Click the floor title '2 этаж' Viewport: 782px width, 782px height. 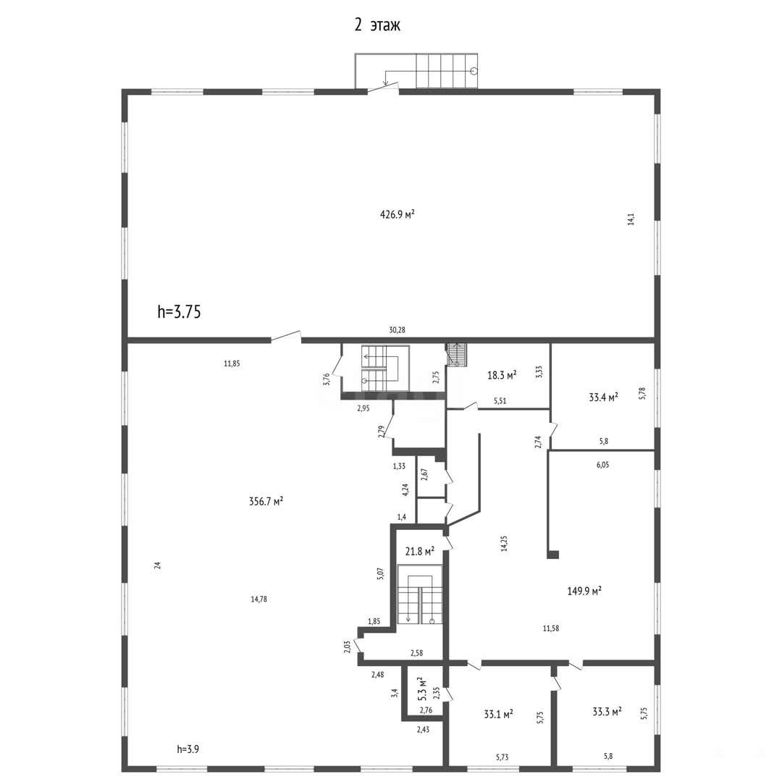coord(377,25)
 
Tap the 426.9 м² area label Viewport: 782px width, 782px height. coord(398,214)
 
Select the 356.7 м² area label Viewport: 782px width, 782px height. coord(266,501)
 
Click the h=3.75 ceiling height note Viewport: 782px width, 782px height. coord(179,311)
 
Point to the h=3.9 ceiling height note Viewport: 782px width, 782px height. coord(188,749)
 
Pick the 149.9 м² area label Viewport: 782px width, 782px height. coord(584,591)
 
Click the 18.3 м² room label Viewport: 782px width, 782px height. coord(502,375)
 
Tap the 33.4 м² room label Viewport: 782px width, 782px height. coord(603,397)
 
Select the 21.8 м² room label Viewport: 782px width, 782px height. coord(419,551)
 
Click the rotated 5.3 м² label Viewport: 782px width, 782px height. coord(422,689)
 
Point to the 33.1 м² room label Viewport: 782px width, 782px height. coord(499,714)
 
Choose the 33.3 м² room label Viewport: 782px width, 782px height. coord(607,712)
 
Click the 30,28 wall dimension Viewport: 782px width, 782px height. coord(397,329)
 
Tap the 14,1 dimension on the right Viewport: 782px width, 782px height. coord(631,219)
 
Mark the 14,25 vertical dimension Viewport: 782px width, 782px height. coord(504,543)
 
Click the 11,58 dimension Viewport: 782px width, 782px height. coord(551,628)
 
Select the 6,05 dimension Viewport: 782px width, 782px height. coord(602,465)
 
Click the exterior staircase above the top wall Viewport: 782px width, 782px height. coord(416,71)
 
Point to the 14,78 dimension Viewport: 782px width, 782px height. coord(258,599)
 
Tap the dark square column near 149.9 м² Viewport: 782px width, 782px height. coord(553,554)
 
